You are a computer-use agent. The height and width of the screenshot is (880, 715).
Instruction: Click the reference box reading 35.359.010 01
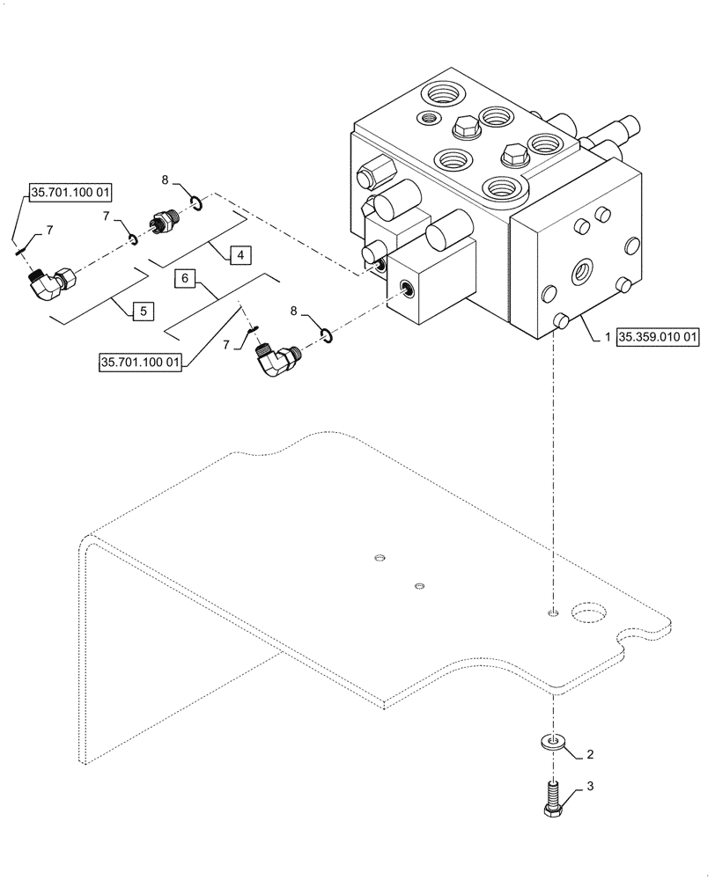(659, 336)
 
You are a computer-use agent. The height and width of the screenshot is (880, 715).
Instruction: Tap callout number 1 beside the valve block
(608, 336)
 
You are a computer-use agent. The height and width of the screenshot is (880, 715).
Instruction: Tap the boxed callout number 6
(185, 278)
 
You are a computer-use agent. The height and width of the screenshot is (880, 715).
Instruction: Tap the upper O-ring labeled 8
(199, 205)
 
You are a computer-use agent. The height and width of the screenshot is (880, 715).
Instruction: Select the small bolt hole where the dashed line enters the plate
(551, 612)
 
